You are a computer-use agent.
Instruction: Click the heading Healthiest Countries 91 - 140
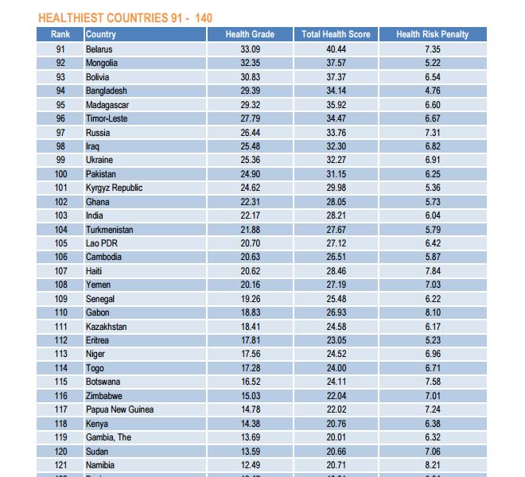tap(125, 17)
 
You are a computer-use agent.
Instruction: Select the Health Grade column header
tap(250, 34)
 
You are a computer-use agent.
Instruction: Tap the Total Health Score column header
tap(336, 34)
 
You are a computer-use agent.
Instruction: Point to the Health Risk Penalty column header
tap(432, 34)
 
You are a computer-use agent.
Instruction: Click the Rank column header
tap(60, 34)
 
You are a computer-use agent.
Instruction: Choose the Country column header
tap(101, 34)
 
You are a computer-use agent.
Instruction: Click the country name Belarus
tap(99, 49)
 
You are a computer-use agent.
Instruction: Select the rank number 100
tap(60, 174)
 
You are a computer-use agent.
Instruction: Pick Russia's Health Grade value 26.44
tap(250, 133)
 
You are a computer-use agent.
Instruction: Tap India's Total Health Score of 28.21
tap(336, 215)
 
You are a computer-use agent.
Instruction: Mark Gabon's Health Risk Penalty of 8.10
tap(432, 312)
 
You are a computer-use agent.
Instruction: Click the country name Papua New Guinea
tap(119, 409)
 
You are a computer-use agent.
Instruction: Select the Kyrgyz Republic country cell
tap(114, 188)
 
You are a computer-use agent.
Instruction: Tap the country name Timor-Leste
tap(107, 118)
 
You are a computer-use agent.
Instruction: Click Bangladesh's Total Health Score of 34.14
tap(336, 91)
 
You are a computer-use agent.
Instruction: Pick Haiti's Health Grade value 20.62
tap(250, 271)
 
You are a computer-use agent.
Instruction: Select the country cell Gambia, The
tap(109, 437)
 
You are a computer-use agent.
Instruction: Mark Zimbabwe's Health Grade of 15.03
tap(250, 396)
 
